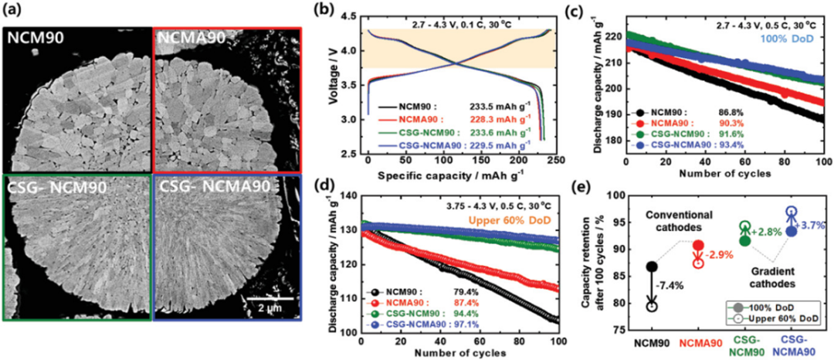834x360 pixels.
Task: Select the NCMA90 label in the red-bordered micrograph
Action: pyautogui.click(x=186, y=36)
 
